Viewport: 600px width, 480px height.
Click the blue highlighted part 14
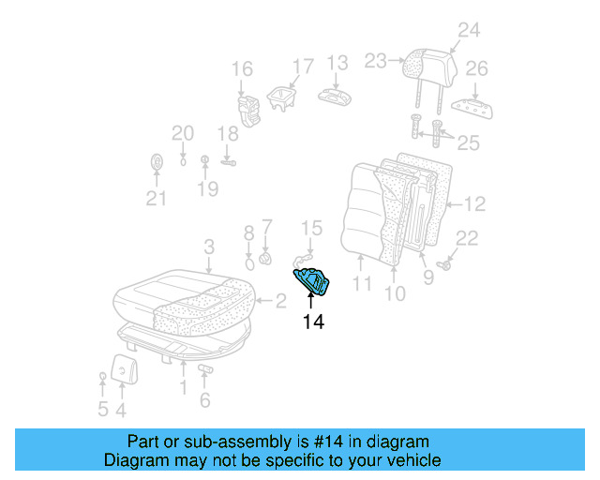coord(311,280)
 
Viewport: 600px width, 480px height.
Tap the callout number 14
coord(313,322)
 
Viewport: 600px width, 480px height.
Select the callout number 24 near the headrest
coord(468,30)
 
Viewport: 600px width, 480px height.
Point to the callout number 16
coord(242,68)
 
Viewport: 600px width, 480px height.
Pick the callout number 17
coord(302,67)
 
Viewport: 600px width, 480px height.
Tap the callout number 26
coord(477,69)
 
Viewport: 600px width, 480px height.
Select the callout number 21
coord(156,198)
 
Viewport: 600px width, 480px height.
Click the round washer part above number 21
coord(156,162)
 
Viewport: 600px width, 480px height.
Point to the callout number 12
coord(474,203)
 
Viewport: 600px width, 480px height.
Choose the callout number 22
coord(467,238)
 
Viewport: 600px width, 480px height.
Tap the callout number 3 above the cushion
coord(209,247)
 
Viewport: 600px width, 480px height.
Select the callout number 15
coord(311,228)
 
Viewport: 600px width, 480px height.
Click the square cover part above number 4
coord(122,368)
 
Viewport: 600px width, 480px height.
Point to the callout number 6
coord(204,401)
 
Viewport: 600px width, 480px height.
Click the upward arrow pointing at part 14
coord(311,302)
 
